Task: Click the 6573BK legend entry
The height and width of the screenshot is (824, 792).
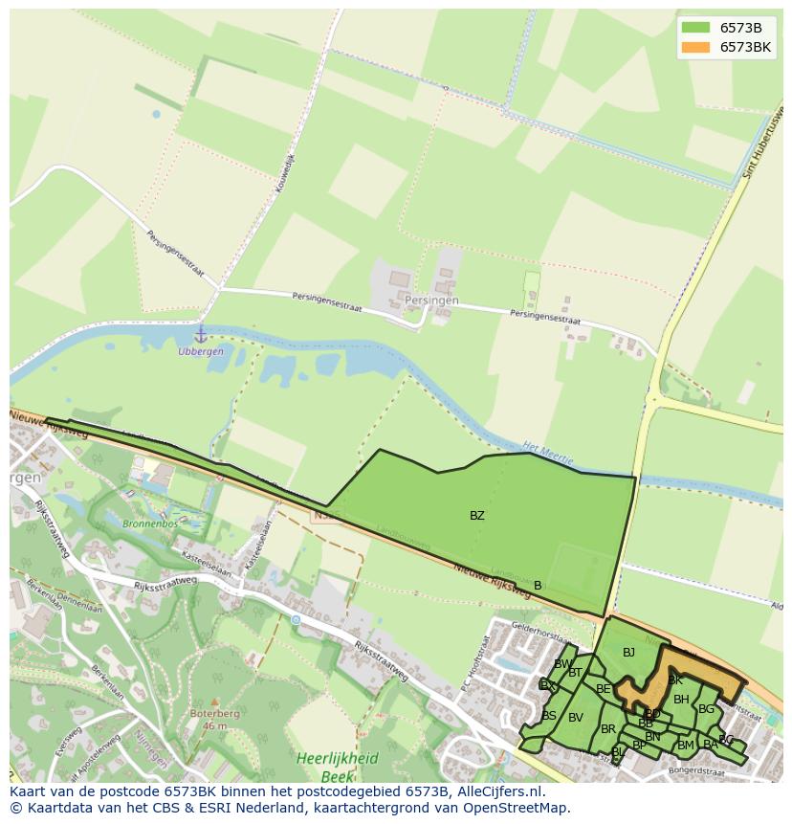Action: pyautogui.click(x=745, y=46)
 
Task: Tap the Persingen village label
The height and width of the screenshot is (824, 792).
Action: pyautogui.click(x=431, y=301)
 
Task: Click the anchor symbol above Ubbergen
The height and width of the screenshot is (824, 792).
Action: pyautogui.click(x=201, y=334)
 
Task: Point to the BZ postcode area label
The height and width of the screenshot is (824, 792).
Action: pyautogui.click(x=477, y=515)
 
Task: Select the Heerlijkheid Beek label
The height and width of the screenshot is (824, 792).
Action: pyautogui.click(x=338, y=767)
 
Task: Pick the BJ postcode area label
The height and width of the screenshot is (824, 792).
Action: pyautogui.click(x=628, y=653)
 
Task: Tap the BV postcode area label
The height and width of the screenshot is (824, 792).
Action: pyautogui.click(x=576, y=718)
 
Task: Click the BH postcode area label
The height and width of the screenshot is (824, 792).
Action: pyautogui.click(x=681, y=700)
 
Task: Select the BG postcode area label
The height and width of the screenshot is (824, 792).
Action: pyautogui.click(x=706, y=709)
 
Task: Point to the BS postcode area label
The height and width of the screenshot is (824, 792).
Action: pyautogui.click(x=549, y=715)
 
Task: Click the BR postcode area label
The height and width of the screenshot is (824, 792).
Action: pyautogui.click(x=608, y=729)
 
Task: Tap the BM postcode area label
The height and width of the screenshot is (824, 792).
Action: pyautogui.click(x=686, y=745)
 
